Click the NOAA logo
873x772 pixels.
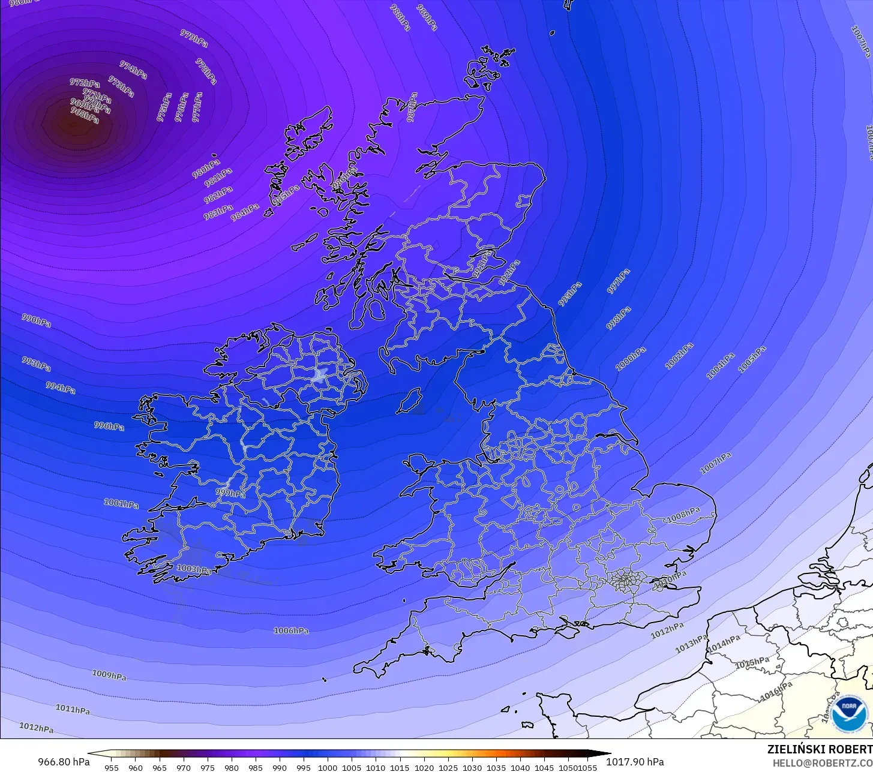click(x=849, y=714)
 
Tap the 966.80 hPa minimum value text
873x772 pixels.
click(x=64, y=762)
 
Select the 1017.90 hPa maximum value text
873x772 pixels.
click(x=635, y=762)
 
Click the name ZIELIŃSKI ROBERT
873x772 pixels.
click(x=820, y=749)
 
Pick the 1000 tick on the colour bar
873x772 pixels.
click(x=328, y=767)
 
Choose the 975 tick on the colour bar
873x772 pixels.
click(x=208, y=767)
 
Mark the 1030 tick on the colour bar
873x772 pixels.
click(x=472, y=767)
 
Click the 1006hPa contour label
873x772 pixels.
click(x=291, y=630)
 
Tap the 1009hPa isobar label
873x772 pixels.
click(x=109, y=675)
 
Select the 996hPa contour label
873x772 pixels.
click(x=109, y=426)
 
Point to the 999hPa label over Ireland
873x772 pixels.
click(x=230, y=494)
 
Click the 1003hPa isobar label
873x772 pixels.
click(x=193, y=569)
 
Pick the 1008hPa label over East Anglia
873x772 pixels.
click(x=683, y=514)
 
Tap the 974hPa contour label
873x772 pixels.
click(x=133, y=70)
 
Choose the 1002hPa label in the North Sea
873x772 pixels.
click(x=679, y=356)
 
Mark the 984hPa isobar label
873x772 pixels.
click(x=245, y=211)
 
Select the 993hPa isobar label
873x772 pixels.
click(x=37, y=363)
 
